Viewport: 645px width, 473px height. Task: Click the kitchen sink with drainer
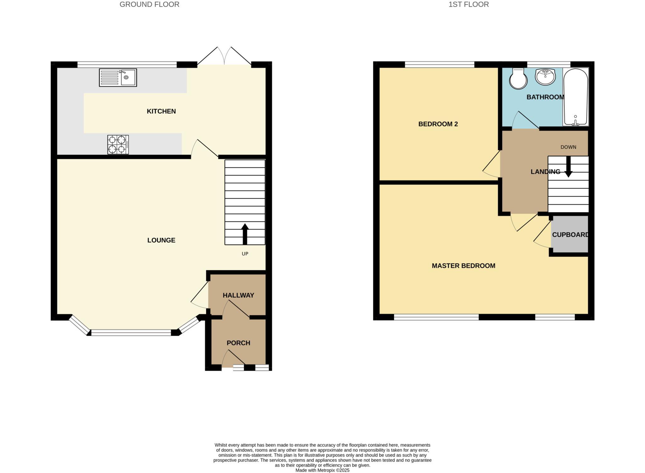(118, 78)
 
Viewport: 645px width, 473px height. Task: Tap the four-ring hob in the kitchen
(118, 144)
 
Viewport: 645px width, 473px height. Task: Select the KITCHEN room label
(161, 111)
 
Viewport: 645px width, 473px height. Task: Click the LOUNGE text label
(161, 240)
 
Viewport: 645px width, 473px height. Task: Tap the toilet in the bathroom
(518, 79)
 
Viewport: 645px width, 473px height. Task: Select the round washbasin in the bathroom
(545, 77)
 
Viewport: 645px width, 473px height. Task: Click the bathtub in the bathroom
(575, 97)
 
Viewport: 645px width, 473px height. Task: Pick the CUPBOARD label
(570, 235)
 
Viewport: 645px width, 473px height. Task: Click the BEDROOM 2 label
(438, 124)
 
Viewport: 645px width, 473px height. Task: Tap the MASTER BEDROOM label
(463, 266)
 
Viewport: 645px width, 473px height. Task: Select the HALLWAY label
(238, 295)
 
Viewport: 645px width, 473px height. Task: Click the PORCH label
(238, 343)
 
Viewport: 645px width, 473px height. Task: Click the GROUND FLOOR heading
(149, 4)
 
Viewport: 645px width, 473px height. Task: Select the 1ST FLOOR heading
(468, 4)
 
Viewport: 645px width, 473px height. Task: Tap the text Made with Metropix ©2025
(322, 470)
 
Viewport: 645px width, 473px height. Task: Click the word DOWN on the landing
(568, 147)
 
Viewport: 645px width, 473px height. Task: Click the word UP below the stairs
(245, 254)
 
